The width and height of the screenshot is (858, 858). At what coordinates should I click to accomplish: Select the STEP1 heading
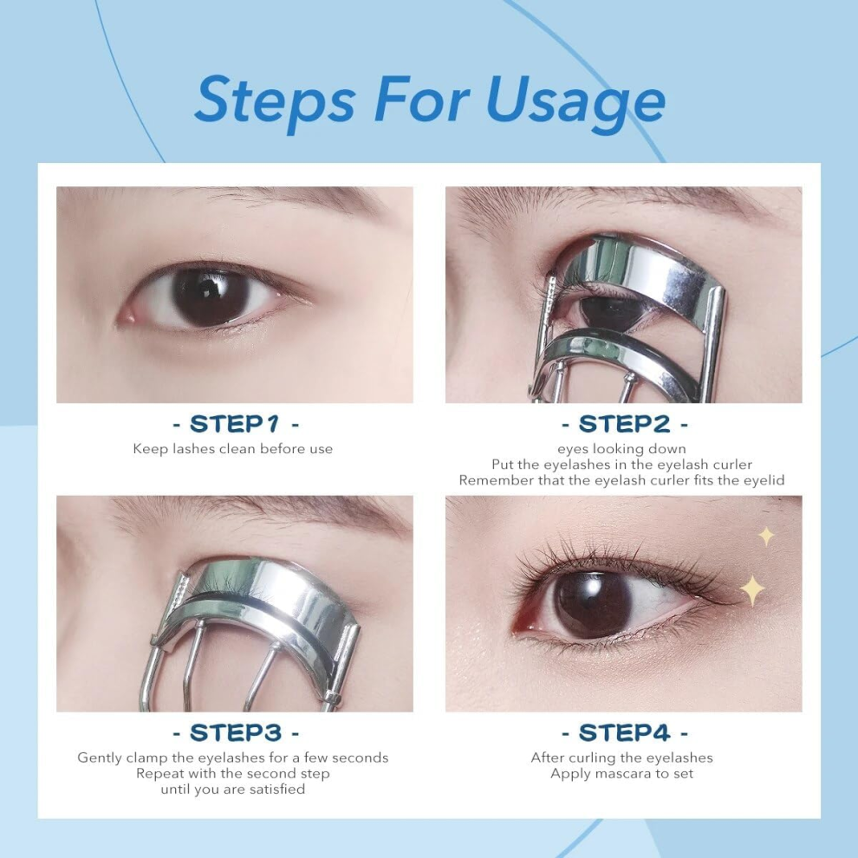(x=235, y=424)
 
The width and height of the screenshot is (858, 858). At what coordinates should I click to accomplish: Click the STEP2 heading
(x=624, y=424)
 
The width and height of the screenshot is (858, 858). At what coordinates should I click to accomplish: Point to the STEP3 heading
(x=235, y=732)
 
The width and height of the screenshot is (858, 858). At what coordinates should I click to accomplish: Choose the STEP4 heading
(x=624, y=732)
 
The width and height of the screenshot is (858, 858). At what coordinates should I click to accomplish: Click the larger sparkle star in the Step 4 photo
(x=753, y=590)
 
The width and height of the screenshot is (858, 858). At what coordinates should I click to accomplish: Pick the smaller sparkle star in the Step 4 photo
(x=766, y=536)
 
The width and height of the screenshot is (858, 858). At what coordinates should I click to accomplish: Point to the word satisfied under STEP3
(x=276, y=789)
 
